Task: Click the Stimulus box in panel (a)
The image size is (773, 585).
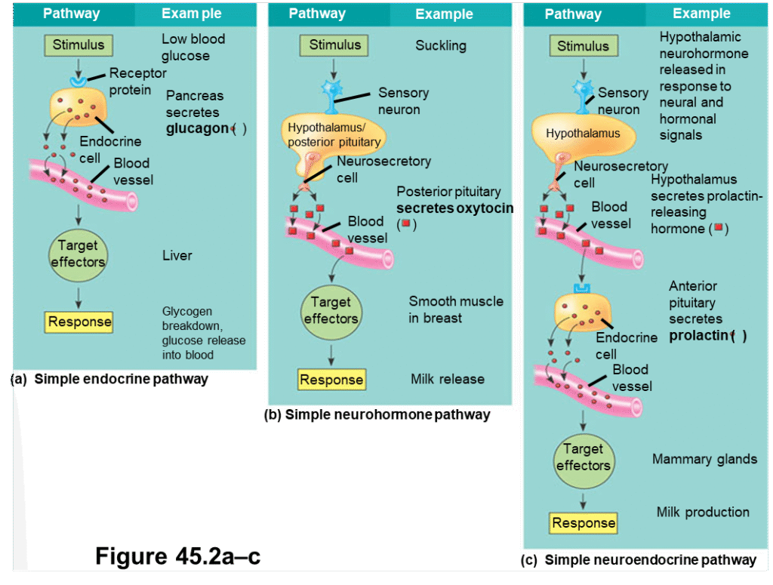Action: pos(79,45)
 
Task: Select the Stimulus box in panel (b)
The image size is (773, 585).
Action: pos(334,45)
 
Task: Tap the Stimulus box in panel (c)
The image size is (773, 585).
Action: pos(583,46)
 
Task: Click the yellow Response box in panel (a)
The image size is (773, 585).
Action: pos(79,322)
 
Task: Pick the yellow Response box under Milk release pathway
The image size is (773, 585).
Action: pos(331,380)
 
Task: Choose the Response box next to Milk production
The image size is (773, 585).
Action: pos(584,523)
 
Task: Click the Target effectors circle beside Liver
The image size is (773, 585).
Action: pos(79,254)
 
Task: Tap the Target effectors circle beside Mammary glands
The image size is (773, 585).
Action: pos(583,457)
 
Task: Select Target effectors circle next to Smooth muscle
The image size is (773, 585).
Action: pos(331,310)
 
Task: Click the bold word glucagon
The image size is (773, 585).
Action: pos(197,128)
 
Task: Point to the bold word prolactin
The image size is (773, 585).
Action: pos(698,335)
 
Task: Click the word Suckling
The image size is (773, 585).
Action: pos(441,45)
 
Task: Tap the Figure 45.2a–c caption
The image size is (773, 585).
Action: pos(177,556)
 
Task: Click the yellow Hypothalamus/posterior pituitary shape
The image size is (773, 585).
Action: pos(334,136)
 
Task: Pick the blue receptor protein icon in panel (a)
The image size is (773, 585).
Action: pos(77,79)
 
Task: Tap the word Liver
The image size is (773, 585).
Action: pos(177,256)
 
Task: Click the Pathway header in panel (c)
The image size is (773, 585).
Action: pos(573,14)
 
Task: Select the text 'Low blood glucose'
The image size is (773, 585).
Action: pos(193,47)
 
